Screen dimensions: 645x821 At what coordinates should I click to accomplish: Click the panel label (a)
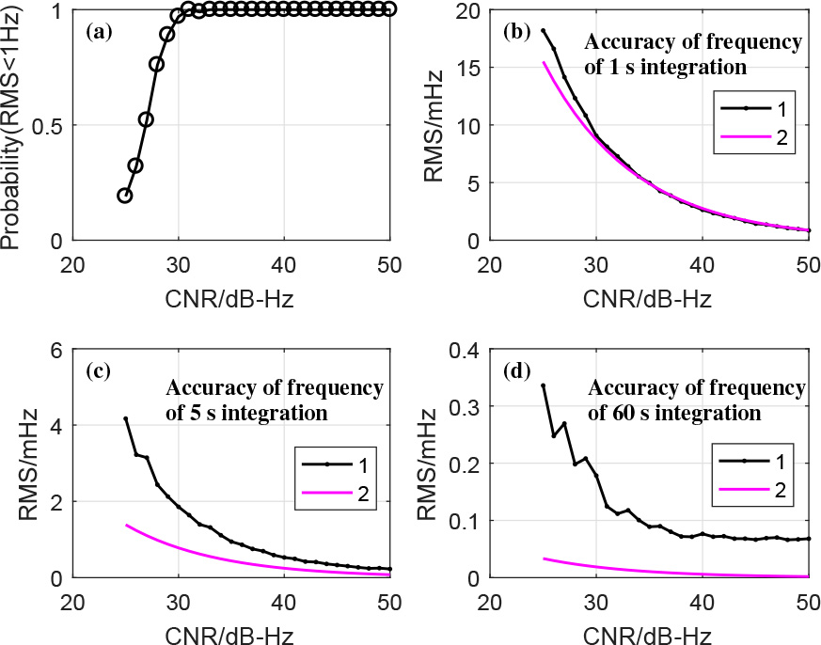(x=99, y=32)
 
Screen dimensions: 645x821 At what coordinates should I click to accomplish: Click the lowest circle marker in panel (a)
(x=125, y=195)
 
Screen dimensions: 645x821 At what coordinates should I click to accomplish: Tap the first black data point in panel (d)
(x=543, y=385)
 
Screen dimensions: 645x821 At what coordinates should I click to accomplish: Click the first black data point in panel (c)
(x=125, y=418)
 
